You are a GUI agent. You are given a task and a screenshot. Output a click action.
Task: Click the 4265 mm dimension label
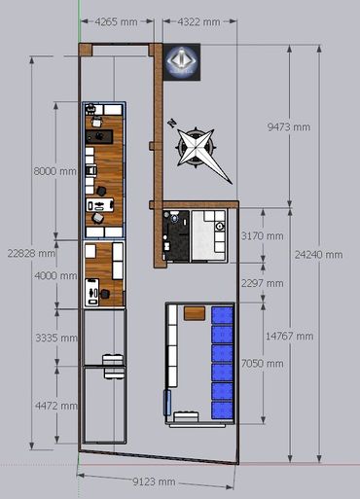pos(116,22)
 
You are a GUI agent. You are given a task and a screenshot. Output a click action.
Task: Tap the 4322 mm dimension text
pos(198,22)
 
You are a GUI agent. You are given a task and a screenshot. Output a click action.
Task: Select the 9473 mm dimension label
pos(289,126)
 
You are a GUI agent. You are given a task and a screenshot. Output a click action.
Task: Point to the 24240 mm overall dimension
pos(318,255)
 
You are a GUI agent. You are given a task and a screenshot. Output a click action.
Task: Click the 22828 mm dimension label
pos(31,253)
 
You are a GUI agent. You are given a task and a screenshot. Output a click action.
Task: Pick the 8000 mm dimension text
pos(55,171)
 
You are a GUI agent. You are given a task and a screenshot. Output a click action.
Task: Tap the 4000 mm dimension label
pos(55,275)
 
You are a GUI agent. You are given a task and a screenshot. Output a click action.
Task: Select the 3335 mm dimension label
pos(56,338)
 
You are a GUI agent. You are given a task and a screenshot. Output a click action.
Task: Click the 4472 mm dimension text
pos(56,406)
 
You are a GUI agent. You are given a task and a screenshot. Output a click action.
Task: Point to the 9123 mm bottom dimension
pos(154,481)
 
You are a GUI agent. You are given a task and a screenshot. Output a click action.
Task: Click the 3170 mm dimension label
pos(262,235)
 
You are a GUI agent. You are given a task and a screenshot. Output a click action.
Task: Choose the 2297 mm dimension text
pos(262,283)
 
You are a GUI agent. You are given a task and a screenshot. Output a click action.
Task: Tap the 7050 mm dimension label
pos(262,363)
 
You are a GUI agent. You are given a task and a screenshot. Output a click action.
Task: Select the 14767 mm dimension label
pos(289,337)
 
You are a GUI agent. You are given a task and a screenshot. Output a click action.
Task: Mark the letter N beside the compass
pos(171,124)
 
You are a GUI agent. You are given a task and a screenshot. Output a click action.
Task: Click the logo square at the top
pos(182,62)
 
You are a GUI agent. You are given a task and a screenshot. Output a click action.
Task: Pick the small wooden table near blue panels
pos(195,313)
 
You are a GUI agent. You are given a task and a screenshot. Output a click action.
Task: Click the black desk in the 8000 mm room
pos(99,136)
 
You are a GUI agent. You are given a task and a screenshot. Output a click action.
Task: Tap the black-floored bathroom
pos(176,235)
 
